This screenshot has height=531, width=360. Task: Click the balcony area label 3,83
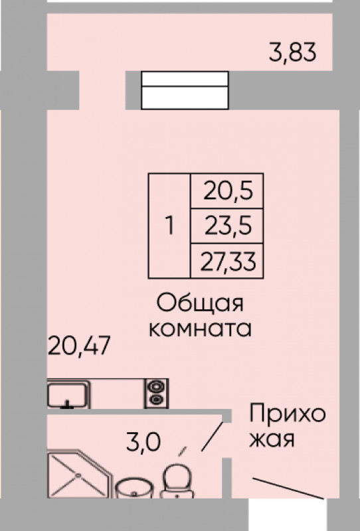pyautogui.click(x=292, y=52)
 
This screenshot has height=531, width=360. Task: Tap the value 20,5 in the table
pyautogui.click(x=228, y=190)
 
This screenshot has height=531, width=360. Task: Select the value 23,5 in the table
pyautogui.click(x=228, y=226)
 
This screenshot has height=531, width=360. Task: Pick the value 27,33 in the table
pyautogui.click(x=228, y=262)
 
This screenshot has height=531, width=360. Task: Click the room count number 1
pyautogui.click(x=169, y=226)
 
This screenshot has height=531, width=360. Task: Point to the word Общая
pyautogui.click(x=200, y=303)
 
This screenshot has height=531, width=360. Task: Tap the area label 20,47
pyautogui.click(x=79, y=345)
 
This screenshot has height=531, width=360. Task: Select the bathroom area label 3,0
pyautogui.click(x=143, y=442)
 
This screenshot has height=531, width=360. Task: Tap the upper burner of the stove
pyautogui.click(x=157, y=386)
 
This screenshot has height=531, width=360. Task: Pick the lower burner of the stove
pyautogui.click(x=157, y=400)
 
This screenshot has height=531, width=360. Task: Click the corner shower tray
pyautogui.click(x=79, y=474)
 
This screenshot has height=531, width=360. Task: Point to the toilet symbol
pyautogui.click(x=177, y=481)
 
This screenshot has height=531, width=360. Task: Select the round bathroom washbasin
pyautogui.click(x=135, y=489)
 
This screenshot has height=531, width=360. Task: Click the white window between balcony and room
pyautogui.click(x=185, y=90)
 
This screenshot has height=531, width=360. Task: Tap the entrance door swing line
pyautogui.click(x=288, y=489)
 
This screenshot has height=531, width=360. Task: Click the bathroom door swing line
pyautogui.click(x=213, y=437)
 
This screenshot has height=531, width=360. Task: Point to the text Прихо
pyautogui.click(x=288, y=414)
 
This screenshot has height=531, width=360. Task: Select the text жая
pyautogui.click(x=272, y=439)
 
